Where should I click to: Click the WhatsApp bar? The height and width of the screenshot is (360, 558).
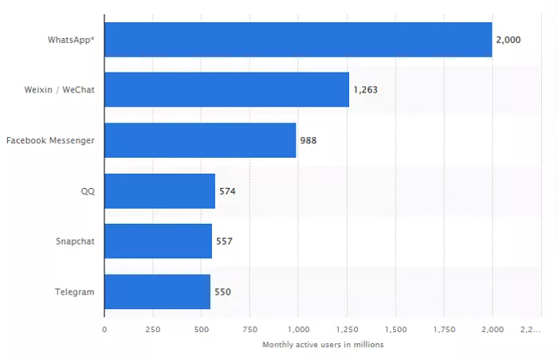[298, 39]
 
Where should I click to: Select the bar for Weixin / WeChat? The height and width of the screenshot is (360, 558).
[226, 89]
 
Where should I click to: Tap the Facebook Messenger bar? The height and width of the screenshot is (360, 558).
[200, 140]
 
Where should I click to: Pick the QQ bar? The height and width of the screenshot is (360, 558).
[159, 190]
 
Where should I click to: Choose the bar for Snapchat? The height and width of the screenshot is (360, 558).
[158, 241]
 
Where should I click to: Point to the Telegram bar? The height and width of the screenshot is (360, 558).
[157, 292]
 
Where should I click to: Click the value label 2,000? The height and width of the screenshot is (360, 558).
[509, 39]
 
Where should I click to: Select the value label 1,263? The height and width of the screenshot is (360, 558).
[365, 90]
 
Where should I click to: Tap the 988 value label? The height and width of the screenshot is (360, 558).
[308, 140]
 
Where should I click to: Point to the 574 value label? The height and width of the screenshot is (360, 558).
[227, 191]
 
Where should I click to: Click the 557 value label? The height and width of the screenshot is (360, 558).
[224, 241]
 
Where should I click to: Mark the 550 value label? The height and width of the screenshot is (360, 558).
[222, 292]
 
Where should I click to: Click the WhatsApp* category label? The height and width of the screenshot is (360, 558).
[70, 39]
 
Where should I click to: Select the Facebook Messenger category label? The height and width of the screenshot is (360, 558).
[50, 140]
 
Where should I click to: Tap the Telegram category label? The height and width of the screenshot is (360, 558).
[75, 292]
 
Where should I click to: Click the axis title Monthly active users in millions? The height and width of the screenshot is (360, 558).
[323, 344]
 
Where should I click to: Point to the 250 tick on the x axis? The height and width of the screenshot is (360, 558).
[152, 329]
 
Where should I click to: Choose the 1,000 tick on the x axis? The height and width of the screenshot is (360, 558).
[298, 329]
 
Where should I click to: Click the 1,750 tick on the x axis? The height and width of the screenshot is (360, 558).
[443, 329]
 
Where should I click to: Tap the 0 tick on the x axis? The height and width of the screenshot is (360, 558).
[104, 329]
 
